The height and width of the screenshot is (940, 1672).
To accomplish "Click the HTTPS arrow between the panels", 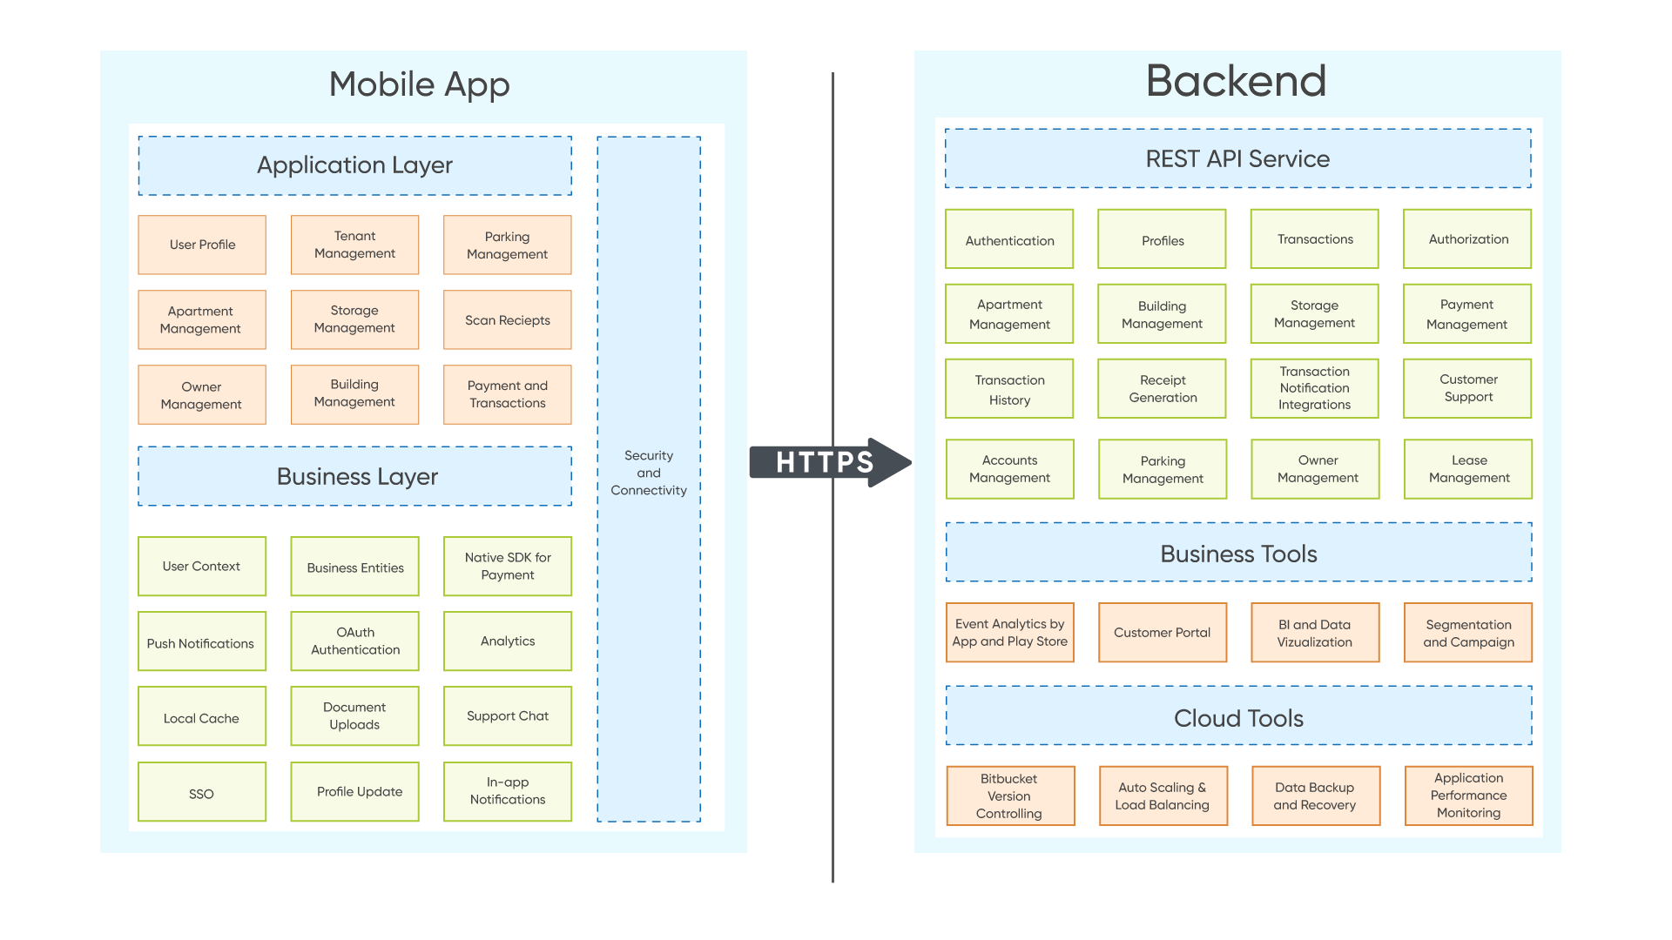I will (x=826, y=462).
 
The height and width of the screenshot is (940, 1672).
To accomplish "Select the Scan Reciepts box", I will (x=507, y=320).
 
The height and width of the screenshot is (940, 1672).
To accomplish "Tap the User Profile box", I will (x=202, y=245).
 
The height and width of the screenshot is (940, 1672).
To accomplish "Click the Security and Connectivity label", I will (x=648, y=473).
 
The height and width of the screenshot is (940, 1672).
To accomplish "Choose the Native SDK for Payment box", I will (x=507, y=567).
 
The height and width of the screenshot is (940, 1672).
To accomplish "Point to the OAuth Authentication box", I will (x=354, y=641).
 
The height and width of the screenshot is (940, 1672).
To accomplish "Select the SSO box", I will (x=201, y=792).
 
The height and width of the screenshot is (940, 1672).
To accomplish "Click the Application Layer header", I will (x=354, y=165).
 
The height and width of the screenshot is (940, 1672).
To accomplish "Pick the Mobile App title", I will (x=419, y=84).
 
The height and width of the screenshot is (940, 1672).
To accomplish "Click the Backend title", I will (x=1236, y=81).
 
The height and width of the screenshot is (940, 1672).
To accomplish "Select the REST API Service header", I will (x=1237, y=159).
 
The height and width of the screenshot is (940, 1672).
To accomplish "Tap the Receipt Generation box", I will (x=1162, y=389).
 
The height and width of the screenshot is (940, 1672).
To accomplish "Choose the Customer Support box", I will (x=1467, y=388).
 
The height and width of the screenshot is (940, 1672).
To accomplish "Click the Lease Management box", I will (x=1468, y=469).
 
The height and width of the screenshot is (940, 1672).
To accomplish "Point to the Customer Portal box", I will (x=1162, y=633).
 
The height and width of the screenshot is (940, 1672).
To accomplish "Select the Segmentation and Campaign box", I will (x=1467, y=633).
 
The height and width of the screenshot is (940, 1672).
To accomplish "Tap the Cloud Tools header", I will (x=1237, y=718).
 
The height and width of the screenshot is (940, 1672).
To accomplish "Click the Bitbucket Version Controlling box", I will (x=1009, y=796).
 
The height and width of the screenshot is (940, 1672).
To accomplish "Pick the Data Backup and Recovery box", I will (x=1314, y=796).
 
